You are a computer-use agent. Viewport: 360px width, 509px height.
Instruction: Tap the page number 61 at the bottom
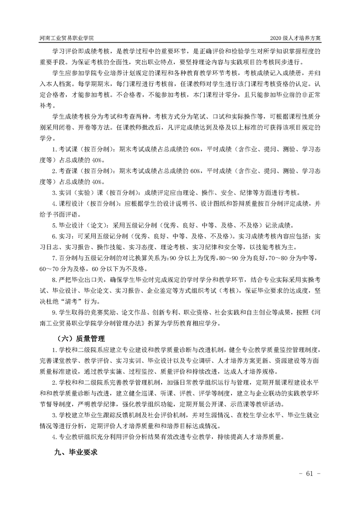[310, 474]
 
